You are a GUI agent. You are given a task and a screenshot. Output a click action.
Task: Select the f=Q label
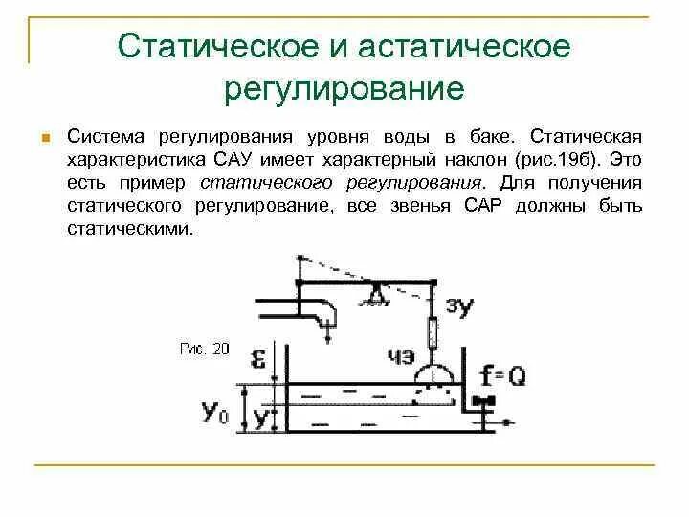[502, 375]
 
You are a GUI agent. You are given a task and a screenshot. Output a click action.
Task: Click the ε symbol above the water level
[257, 359]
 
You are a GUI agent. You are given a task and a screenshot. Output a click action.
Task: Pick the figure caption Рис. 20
[205, 349]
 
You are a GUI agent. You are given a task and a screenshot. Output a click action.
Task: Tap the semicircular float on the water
[435, 377]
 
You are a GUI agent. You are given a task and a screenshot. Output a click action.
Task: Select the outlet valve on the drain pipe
[487, 401]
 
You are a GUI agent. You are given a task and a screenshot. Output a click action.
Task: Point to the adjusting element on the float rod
[435, 334]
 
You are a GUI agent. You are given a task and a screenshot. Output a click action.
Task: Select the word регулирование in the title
[344, 89]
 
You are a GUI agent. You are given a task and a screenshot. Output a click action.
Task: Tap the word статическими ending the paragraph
[130, 230]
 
